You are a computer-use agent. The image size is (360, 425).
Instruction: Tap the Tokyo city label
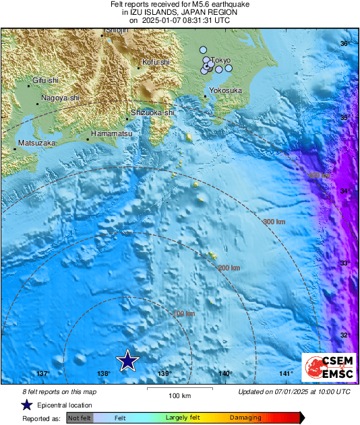222,60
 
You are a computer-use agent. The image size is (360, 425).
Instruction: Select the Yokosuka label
225,90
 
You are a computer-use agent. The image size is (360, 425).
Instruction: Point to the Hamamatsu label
111,134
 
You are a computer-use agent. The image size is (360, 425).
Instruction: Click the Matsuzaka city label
36,143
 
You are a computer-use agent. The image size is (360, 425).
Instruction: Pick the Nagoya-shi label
60,98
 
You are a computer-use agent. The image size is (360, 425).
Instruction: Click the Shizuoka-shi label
152,112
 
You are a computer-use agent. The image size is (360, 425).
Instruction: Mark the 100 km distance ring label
185,314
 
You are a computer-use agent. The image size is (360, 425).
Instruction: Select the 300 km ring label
274,222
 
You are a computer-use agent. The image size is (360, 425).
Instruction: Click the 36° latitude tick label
344,44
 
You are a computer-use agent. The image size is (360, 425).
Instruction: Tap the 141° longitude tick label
287,374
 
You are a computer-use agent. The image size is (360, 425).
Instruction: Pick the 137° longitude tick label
42,374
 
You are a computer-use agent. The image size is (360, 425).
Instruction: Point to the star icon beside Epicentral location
26,405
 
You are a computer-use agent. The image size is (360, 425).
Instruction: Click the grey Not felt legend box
80,418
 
